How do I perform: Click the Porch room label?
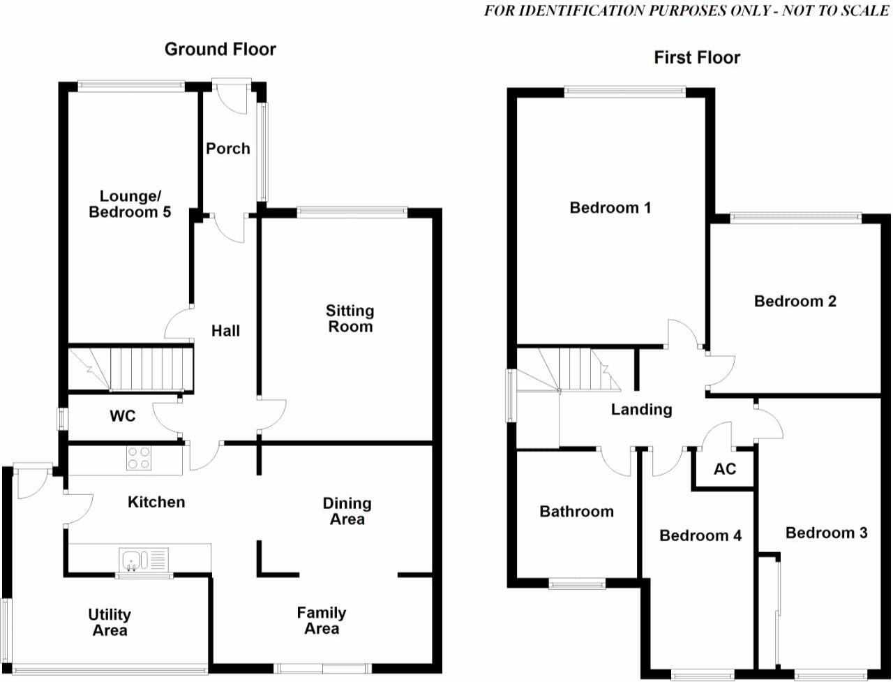pyautogui.click(x=228, y=148)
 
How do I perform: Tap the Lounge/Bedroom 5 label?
pyautogui.click(x=130, y=204)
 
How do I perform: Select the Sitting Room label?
pyautogui.click(x=350, y=318)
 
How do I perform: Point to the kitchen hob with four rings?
pyautogui.click(x=138, y=459)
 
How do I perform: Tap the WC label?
pyautogui.click(x=122, y=417)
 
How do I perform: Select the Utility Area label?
pyautogui.click(x=110, y=622)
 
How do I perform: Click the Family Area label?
pyautogui.click(x=322, y=620)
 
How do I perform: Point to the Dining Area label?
pyautogui.click(x=347, y=511)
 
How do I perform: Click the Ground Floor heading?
pyautogui.click(x=220, y=49)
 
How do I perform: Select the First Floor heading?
pyautogui.click(x=697, y=57)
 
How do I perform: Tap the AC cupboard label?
pyautogui.click(x=725, y=468)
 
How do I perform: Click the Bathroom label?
pyautogui.click(x=577, y=512)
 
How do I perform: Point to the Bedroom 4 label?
pyautogui.click(x=700, y=535)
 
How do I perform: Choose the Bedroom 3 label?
pyautogui.click(x=826, y=533)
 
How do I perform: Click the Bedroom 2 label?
pyautogui.click(x=795, y=302)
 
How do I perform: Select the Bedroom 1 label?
pyautogui.click(x=610, y=207)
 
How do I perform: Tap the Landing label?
pyautogui.click(x=641, y=409)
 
